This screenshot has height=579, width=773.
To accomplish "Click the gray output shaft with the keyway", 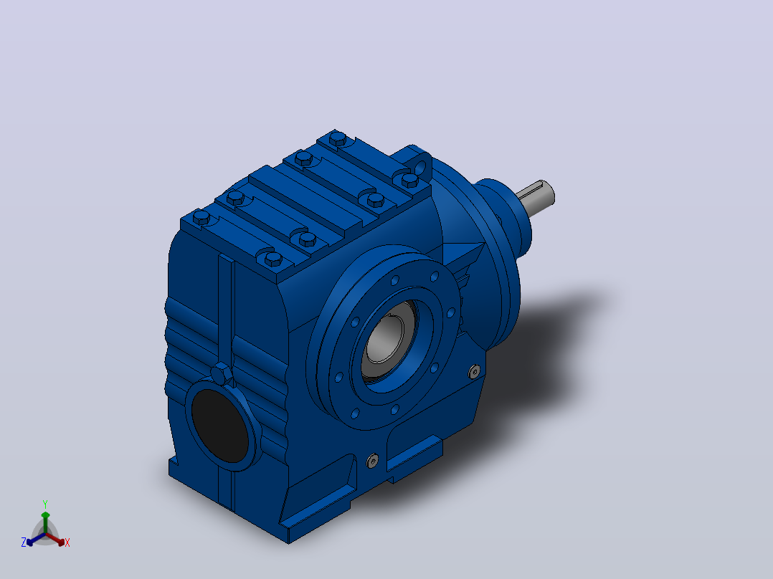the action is pos(536,193).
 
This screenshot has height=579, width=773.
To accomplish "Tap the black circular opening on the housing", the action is pos(220,426).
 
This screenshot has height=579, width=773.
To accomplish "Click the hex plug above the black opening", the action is pos(222,374).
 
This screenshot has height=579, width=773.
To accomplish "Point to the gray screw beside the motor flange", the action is pos(474,371).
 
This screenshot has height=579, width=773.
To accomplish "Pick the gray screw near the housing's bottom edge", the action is pos(373,461).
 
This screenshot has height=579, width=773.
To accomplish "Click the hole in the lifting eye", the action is pos(420,168).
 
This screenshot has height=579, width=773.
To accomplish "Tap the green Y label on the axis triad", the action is pos(45,504).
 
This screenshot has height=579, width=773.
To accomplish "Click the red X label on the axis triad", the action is pos(67,542).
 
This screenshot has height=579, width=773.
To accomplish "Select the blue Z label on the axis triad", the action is pos(24,542).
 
